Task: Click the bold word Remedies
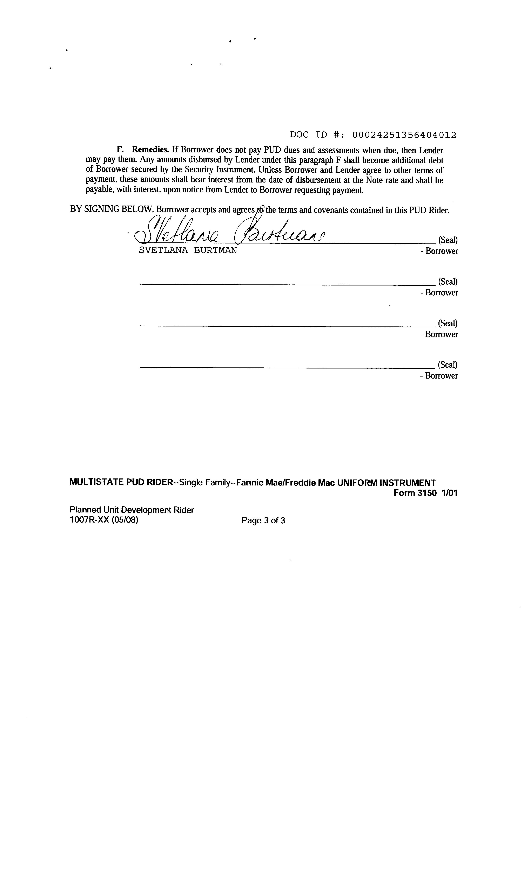point(150,150)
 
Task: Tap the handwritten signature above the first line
point(230,231)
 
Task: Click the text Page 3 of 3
point(263,520)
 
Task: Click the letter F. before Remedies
point(119,150)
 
